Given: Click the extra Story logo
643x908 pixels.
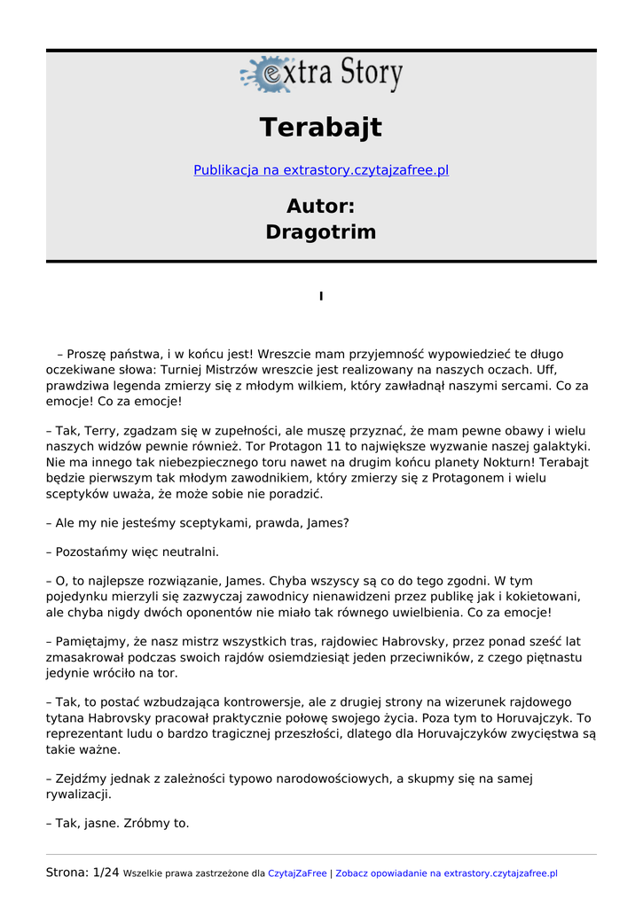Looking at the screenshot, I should (321, 74).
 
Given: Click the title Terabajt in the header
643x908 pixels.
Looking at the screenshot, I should (321, 128).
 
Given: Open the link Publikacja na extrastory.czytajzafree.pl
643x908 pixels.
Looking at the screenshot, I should (321, 170).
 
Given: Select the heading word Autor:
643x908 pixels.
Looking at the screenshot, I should (321, 207).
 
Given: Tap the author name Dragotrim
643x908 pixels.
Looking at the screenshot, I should (321, 232).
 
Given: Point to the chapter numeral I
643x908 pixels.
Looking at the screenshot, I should (321, 296).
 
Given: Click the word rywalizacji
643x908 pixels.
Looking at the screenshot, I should (79, 794).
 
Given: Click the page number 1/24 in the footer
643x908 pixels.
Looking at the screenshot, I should (106, 873).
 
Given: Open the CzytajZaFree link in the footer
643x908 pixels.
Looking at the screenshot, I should (297, 873).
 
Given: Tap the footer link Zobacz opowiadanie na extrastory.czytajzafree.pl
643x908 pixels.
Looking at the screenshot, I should (446, 873).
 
